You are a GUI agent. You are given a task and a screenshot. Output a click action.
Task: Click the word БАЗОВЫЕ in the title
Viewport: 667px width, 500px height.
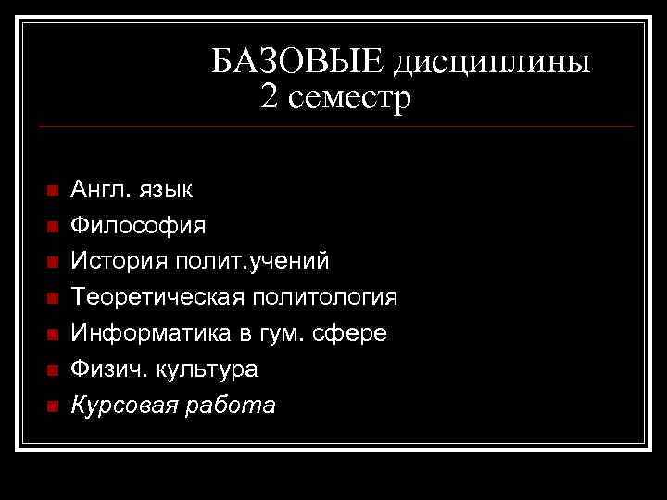point(296,63)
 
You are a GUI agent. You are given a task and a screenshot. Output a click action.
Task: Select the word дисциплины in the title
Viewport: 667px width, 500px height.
point(493,63)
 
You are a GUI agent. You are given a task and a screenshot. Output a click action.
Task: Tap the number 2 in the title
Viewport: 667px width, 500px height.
point(269,97)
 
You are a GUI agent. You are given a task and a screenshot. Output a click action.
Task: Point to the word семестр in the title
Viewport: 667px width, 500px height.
point(348,97)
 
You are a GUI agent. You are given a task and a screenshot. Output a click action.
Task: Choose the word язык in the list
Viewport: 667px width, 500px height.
point(166,190)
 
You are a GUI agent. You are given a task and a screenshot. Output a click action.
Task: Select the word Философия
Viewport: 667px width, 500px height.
point(139,226)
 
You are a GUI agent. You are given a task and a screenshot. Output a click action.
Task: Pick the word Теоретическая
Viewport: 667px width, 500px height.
point(158,297)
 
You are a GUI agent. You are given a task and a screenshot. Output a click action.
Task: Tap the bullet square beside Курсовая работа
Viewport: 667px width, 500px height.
point(52,406)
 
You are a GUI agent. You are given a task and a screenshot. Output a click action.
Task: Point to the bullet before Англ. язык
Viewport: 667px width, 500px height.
point(52,191)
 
